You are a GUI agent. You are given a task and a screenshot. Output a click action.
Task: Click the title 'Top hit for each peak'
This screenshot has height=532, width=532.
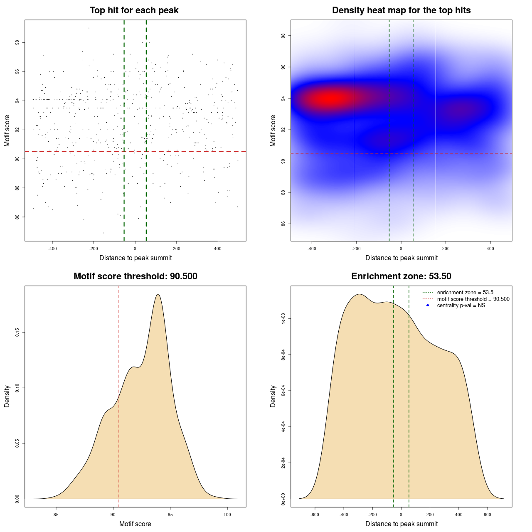tap(134, 10)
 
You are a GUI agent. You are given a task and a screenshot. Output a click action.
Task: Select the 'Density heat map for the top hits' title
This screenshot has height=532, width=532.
tap(401, 10)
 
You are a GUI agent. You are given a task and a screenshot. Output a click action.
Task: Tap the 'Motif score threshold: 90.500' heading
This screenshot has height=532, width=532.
tap(135, 276)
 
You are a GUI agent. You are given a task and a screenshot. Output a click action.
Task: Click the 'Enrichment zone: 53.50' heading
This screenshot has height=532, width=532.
tap(401, 276)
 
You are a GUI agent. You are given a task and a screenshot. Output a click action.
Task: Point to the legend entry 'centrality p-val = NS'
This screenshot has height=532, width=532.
tap(461, 305)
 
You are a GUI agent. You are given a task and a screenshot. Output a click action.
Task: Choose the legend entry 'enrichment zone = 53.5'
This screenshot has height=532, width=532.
tap(465, 293)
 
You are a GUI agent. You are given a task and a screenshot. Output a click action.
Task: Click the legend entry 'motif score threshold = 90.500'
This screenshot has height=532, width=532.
tap(473, 299)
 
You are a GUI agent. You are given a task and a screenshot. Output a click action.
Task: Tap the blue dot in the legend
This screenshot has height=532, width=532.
tap(428, 305)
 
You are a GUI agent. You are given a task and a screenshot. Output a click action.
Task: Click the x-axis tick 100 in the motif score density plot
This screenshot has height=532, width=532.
tap(227, 515)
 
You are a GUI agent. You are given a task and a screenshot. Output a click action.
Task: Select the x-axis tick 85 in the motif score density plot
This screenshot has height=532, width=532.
tap(56, 515)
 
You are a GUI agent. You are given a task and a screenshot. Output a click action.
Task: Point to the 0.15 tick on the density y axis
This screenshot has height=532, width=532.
tap(17, 332)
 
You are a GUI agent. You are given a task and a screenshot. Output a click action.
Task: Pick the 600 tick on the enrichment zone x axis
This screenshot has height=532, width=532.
tap(488, 515)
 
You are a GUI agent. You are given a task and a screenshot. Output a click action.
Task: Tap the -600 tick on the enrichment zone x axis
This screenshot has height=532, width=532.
tap(315, 515)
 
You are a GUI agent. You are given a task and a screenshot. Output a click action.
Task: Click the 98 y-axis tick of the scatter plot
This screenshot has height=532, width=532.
tap(17, 43)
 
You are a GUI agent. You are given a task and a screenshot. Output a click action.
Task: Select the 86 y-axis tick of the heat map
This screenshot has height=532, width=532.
tap(283, 224)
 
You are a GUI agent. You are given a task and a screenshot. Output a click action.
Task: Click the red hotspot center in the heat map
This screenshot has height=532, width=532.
tap(330, 99)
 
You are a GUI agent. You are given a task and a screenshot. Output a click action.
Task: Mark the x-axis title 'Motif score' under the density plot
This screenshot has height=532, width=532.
tap(135, 524)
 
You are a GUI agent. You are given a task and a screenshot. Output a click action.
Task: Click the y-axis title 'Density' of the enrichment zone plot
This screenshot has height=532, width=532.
tap(273, 396)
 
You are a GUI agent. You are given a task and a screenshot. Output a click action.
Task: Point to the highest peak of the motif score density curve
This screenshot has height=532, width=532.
tap(158, 294)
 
